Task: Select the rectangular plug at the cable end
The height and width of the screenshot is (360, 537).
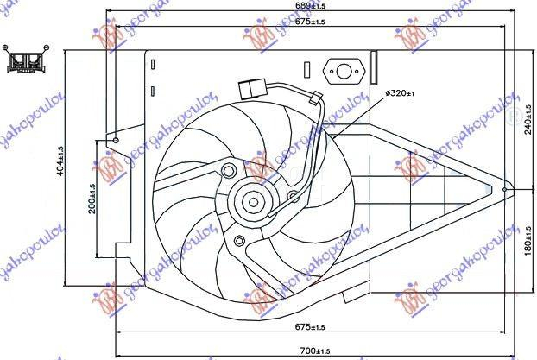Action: (x=250, y=88)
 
